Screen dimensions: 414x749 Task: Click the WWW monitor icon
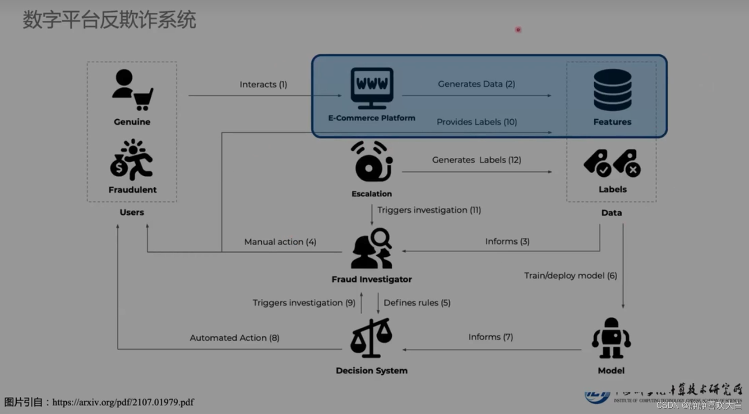point(372,88)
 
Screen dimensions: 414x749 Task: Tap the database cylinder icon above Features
point(612,90)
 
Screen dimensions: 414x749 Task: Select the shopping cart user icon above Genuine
point(132,90)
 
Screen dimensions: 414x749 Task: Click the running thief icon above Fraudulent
point(132,160)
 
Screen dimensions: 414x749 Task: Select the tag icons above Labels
point(612,163)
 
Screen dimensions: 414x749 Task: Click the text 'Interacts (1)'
point(263,85)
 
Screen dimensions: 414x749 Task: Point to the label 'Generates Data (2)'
point(476,84)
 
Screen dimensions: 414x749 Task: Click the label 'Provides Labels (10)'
point(476,122)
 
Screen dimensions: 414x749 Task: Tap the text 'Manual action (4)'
point(280,242)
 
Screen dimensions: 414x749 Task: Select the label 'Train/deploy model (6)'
point(570,276)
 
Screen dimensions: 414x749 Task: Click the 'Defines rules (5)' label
point(417,303)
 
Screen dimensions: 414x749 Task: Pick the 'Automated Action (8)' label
point(234,338)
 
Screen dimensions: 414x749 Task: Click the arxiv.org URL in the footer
point(123,402)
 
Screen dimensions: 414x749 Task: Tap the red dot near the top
point(518,30)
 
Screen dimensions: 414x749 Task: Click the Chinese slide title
point(109,20)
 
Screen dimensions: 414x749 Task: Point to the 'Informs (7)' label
point(490,337)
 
